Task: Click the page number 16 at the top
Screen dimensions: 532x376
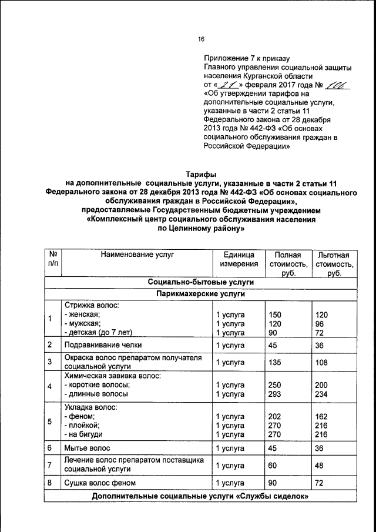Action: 201,39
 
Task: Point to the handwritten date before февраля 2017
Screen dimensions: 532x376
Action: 222,85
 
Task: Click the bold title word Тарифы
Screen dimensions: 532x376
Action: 201,175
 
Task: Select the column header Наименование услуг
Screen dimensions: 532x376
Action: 137,255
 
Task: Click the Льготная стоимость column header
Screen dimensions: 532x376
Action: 333,265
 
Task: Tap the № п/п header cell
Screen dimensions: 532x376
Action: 52,260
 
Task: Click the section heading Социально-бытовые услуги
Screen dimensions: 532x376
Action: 201,283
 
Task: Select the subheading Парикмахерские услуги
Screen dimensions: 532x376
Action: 201,294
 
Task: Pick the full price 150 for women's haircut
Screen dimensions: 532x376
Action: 275,314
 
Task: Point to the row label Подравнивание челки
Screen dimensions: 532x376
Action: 103,344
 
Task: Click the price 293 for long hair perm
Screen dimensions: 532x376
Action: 275,394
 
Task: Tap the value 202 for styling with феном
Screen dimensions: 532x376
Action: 275,417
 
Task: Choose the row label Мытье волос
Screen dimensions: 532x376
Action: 87,448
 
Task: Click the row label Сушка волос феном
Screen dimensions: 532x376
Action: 100,483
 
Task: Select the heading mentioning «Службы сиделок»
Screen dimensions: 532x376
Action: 201,497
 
